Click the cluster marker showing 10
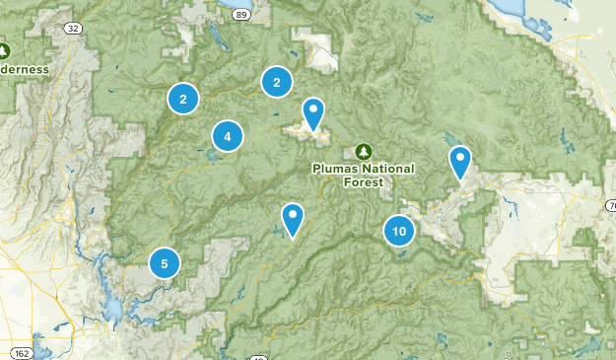pos(398,232)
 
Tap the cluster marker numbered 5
pos(165,263)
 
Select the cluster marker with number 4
pos(228,136)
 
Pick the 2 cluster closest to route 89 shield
pos(277,83)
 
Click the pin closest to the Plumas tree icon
pos(313,114)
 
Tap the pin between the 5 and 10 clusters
pos(293,219)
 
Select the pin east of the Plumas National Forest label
pos(460,163)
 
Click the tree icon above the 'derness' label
pos(4,49)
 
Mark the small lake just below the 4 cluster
pos(213,155)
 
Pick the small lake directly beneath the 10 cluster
pos(404,251)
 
